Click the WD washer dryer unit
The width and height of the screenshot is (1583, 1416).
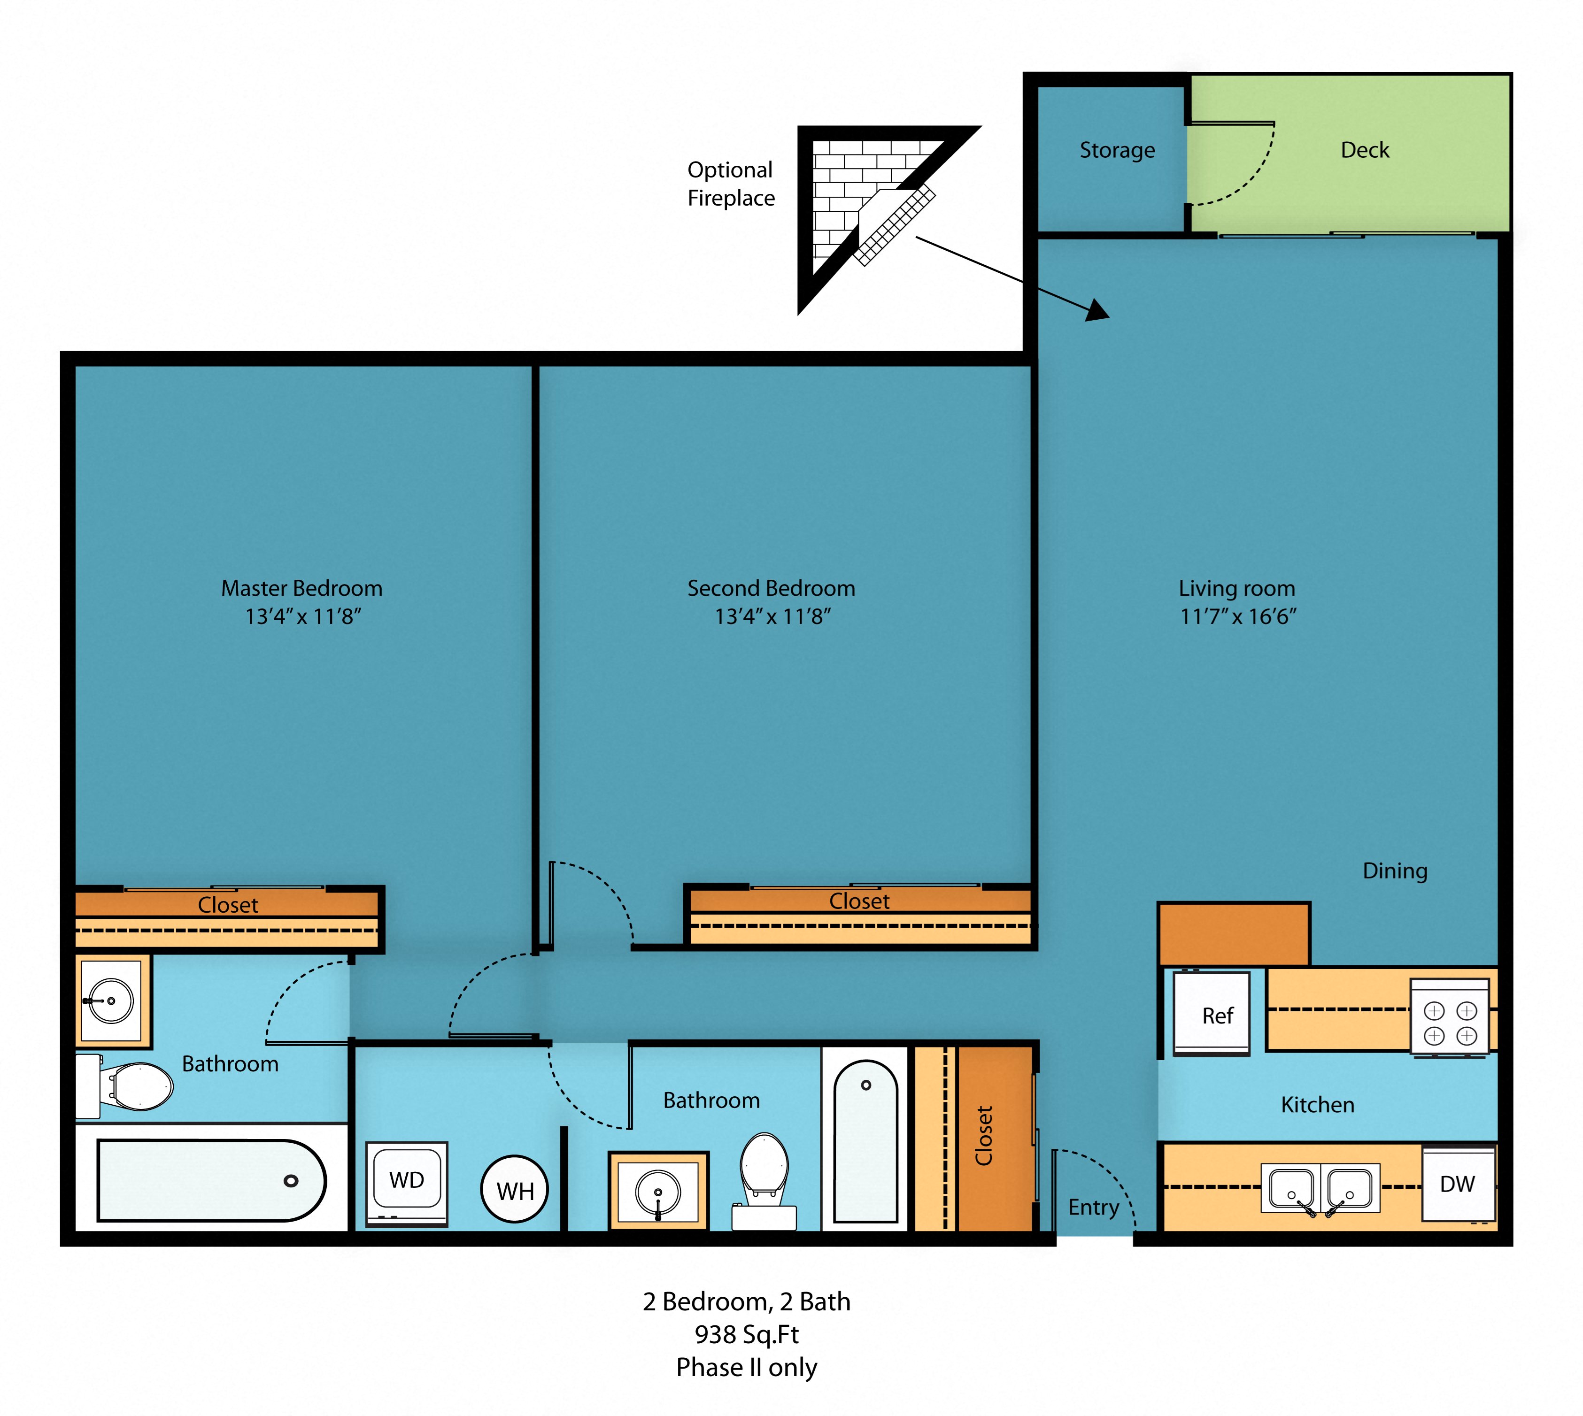(x=406, y=1183)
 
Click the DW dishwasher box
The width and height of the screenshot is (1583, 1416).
(x=1458, y=1184)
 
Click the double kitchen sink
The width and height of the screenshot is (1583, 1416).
(x=1320, y=1188)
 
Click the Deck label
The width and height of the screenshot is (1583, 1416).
(x=1364, y=150)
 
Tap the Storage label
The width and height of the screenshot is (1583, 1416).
(x=1117, y=150)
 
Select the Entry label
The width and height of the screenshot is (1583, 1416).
(x=1094, y=1208)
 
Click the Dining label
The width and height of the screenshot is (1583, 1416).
(x=1395, y=870)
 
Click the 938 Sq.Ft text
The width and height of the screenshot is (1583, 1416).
(x=746, y=1334)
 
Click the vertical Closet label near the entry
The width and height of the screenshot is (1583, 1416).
(x=984, y=1135)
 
